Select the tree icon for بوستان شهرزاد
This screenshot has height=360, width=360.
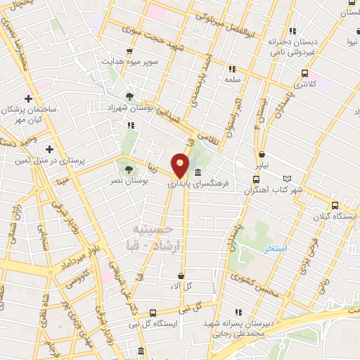click(x=129, y=96)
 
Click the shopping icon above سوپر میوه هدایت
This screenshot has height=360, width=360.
click(x=129, y=51)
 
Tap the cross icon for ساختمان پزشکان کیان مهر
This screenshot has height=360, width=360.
click(x=29, y=98)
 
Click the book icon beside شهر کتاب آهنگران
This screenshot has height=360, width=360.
click(x=285, y=179)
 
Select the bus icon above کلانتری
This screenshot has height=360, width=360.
click(x=305, y=73)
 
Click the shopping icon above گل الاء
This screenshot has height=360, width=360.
click(x=181, y=276)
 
